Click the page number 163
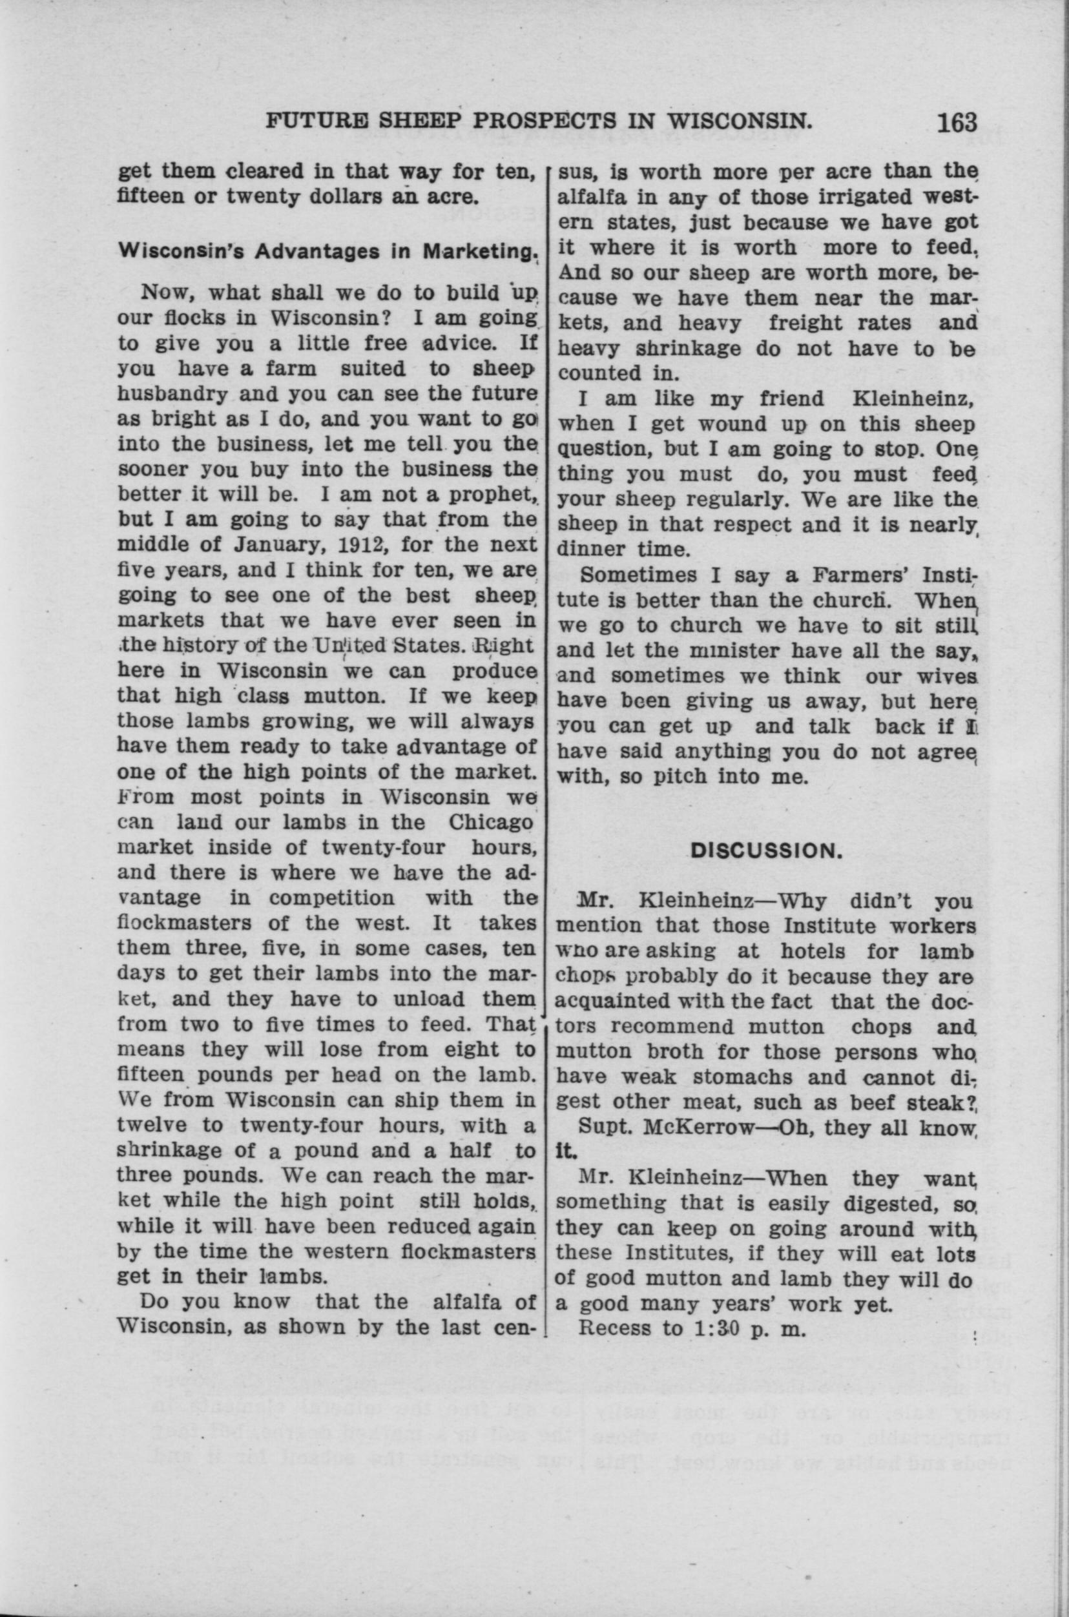pos(957,122)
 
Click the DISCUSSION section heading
pos(763,851)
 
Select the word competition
pos(331,898)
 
